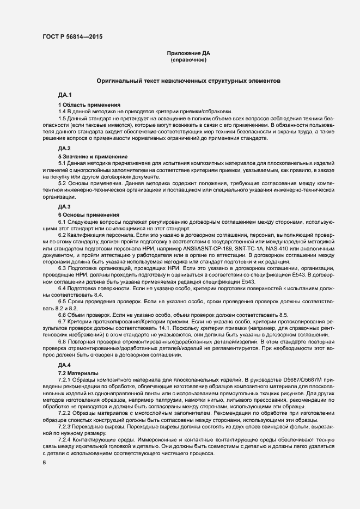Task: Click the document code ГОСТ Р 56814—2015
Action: (72, 37)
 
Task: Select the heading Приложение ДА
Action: (188, 53)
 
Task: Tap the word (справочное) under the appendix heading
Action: (188, 60)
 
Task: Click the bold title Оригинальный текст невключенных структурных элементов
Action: (188, 81)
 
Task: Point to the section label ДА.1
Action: (65, 95)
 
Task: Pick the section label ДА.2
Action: (65, 148)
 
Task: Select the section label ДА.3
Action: (65, 207)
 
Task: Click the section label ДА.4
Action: (65, 364)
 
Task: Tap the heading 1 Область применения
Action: (89, 105)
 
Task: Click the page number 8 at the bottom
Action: (44, 463)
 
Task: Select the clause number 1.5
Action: (63, 118)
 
